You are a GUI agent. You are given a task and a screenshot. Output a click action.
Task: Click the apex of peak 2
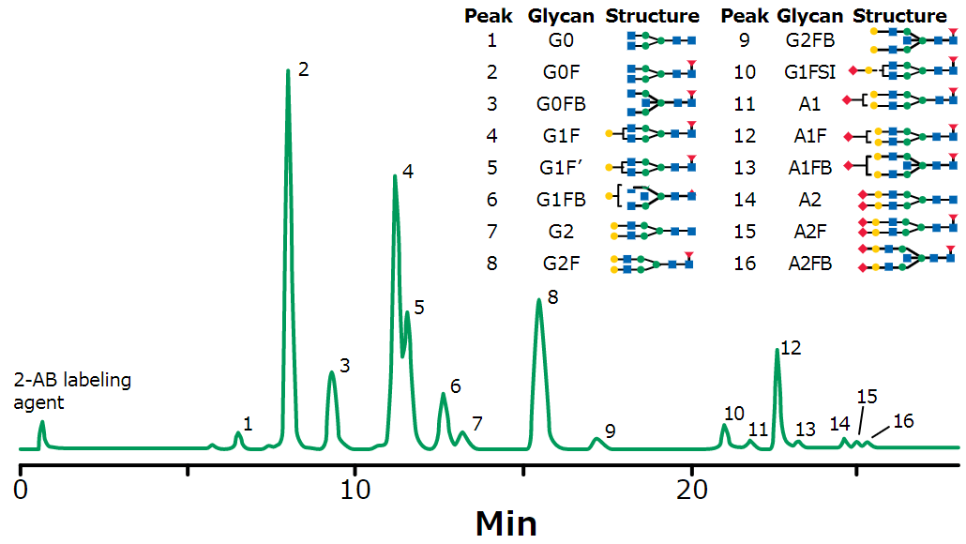287,70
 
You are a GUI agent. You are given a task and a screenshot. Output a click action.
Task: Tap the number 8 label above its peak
553,297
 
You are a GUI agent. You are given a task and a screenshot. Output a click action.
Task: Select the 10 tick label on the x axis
354,490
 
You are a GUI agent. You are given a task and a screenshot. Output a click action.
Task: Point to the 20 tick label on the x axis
692,490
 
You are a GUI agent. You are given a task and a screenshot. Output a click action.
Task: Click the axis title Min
506,521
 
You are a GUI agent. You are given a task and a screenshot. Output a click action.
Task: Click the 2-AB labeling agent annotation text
72,391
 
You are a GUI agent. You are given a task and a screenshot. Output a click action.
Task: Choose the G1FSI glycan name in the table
810,72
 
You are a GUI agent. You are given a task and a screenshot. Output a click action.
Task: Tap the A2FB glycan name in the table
810,264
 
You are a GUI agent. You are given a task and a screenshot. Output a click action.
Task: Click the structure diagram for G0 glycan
661,40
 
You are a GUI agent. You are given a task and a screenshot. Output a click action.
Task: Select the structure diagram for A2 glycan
908,199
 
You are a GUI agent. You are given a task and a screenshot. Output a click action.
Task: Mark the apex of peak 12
777,351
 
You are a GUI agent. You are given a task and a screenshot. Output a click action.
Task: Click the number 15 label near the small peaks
867,397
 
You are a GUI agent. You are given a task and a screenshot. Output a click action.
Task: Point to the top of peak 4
395,177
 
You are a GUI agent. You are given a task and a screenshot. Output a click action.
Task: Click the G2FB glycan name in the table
810,40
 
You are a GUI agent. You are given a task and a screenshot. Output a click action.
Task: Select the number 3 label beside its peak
345,366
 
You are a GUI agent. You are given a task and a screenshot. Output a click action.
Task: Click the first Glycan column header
560,16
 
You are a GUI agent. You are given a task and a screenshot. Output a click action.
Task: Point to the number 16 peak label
902,421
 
